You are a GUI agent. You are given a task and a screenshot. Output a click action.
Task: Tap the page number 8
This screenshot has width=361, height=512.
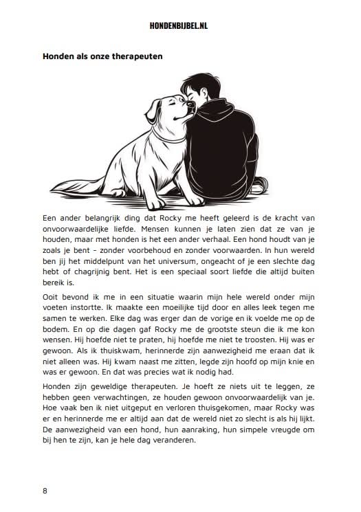[x=45, y=490]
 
